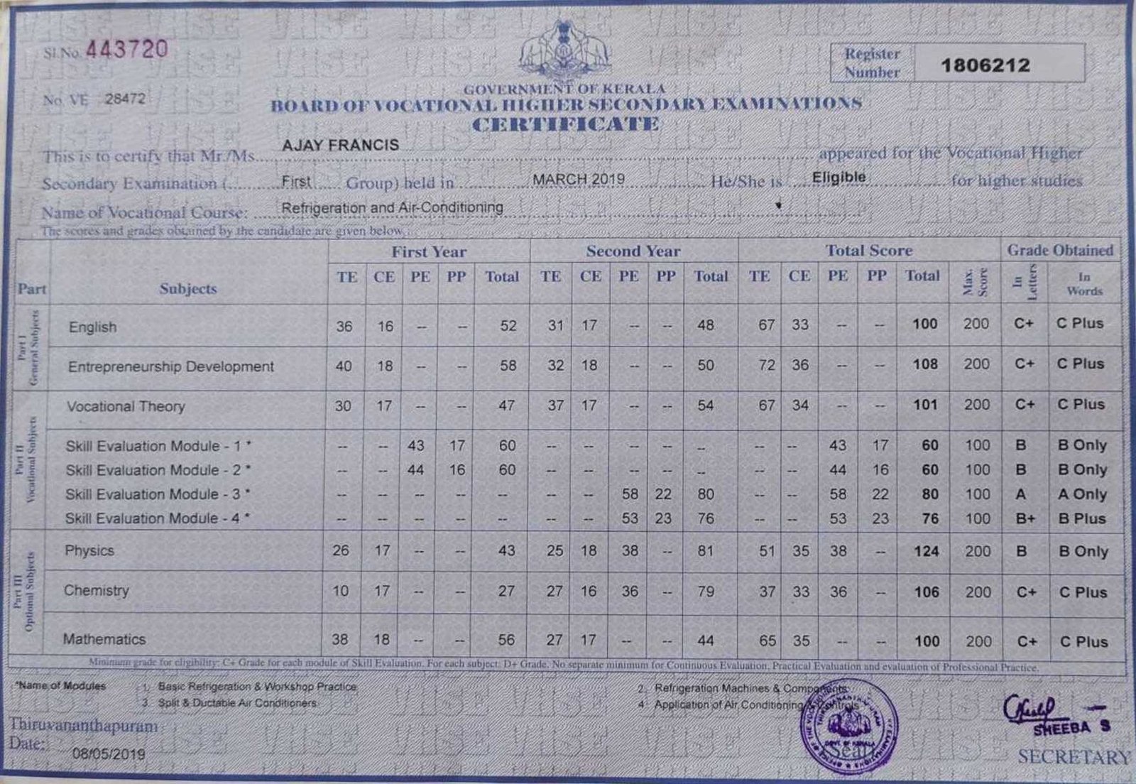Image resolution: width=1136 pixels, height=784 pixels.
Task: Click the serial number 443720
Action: [x=126, y=49]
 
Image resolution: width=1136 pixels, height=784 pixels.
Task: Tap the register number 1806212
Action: [x=985, y=65]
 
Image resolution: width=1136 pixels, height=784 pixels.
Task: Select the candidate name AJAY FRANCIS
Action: [x=340, y=145]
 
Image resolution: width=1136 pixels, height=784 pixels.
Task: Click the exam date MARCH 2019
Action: [x=579, y=178]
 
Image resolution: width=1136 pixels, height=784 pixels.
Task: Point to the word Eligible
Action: [x=839, y=177]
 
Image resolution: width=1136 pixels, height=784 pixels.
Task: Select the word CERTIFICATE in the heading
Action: [x=565, y=125]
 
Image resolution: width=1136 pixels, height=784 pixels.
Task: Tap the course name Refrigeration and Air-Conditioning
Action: [x=392, y=207]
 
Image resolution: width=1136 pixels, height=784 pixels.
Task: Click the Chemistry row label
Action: [x=97, y=590]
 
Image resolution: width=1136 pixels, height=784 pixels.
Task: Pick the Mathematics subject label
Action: [x=104, y=639]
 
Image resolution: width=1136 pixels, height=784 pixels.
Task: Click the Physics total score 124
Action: [x=926, y=552]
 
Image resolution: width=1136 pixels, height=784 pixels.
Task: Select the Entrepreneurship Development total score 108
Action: [x=925, y=364]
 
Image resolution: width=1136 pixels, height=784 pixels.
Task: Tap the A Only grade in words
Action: [x=1082, y=494]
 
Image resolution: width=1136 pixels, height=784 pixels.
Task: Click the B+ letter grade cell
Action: [x=1025, y=519]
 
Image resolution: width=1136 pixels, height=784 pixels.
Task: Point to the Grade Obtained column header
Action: [x=1059, y=250]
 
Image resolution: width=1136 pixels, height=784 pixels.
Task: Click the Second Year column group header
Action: [x=633, y=251]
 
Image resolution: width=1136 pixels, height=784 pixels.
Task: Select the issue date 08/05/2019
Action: [x=109, y=754]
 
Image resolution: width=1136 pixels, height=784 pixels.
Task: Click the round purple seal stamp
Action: [x=849, y=726]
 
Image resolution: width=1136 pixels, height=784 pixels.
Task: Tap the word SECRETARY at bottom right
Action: [x=1073, y=757]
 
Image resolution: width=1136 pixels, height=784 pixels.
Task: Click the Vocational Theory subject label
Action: [x=126, y=406]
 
